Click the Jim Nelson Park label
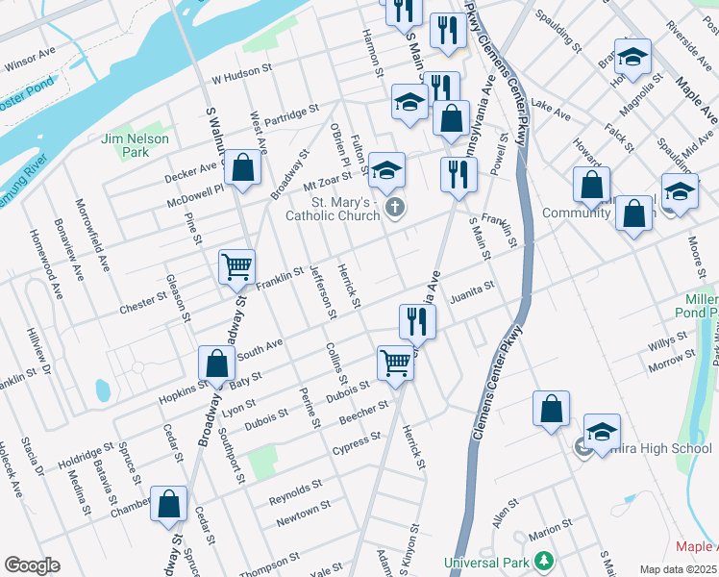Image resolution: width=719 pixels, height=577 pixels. click(x=135, y=145)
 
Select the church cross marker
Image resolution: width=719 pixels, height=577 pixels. click(x=394, y=207)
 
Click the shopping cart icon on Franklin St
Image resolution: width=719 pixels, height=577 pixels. click(x=236, y=266)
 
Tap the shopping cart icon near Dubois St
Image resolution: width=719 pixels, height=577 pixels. click(x=394, y=363)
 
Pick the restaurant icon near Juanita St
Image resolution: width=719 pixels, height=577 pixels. click(x=417, y=320)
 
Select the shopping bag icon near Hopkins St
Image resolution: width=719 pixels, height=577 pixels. click(x=216, y=364)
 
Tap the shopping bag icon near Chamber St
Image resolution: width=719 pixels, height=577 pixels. click(x=169, y=504)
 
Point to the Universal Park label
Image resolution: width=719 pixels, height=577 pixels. click(x=488, y=562)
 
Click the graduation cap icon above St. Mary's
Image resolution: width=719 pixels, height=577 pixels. click(x=386, y=170)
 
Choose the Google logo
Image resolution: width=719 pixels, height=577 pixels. click(x=32, y=565)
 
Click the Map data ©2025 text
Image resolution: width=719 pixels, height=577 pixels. click(x=677, y=569)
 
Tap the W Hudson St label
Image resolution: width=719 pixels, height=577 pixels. click(x=243, y=75)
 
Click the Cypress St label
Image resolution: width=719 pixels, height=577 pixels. click(x=356, y=440)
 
